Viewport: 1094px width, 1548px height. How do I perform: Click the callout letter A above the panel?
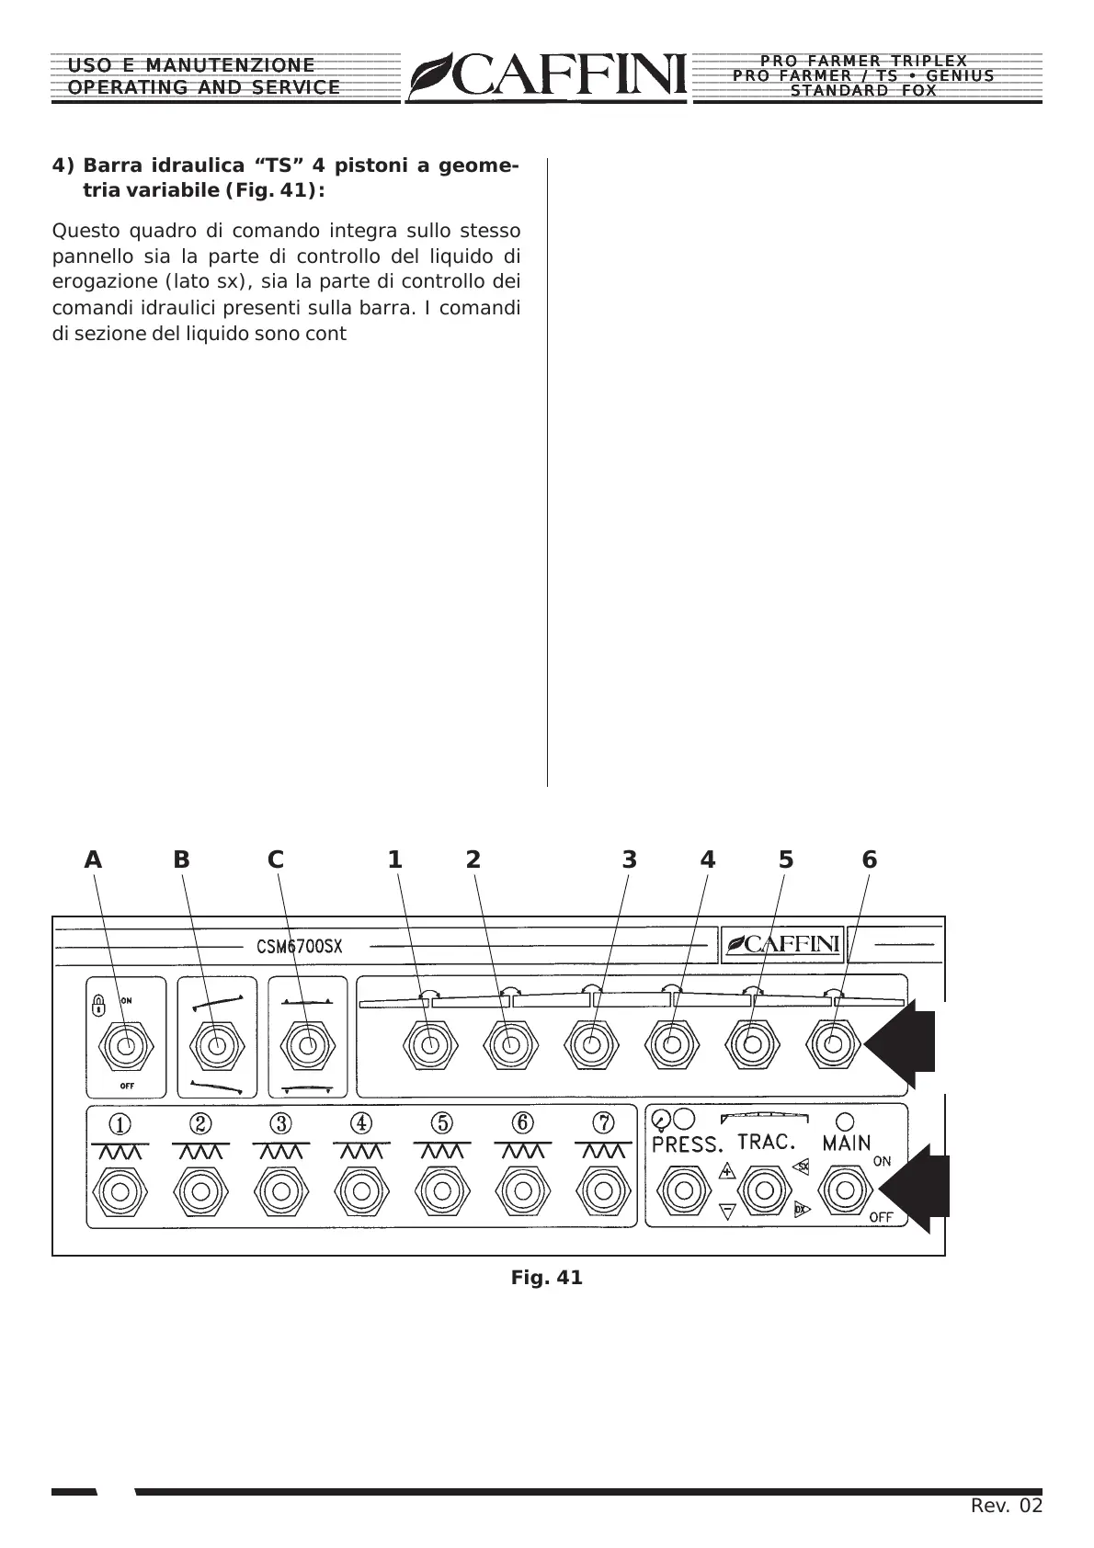point(93,859)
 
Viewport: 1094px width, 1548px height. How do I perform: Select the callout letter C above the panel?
point(276,859)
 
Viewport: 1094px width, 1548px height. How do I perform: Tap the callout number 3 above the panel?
point(629,859)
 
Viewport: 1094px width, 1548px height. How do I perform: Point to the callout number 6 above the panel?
point(870,859)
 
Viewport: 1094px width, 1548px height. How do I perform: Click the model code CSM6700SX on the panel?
point(293,946)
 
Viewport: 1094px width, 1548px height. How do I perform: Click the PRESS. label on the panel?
point(688,1144)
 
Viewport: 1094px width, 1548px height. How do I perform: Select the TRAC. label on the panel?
point(766,1142)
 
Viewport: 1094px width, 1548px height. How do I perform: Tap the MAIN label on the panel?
point(847,1144)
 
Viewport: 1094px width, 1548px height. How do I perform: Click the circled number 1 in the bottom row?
point(120,1123)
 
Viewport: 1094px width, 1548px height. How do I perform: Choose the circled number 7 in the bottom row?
point(603,1123)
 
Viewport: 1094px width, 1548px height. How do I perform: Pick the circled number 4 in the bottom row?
point(361,1123)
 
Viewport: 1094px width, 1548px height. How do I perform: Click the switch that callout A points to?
point(127,1046)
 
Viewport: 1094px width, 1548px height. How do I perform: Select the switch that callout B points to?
point(216,1046)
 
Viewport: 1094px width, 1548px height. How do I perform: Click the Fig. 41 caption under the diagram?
point(547,1278)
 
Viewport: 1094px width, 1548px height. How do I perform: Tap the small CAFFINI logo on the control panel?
point(782,943)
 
